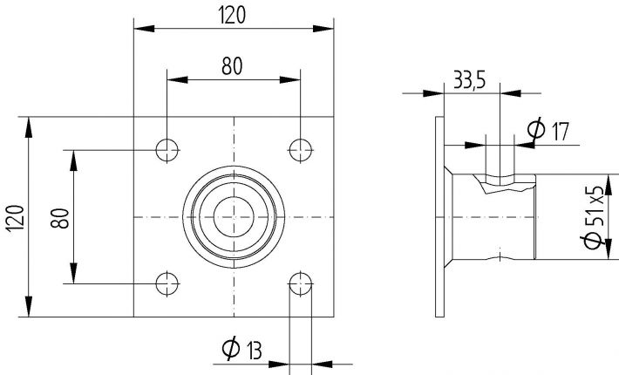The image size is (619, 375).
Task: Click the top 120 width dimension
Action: [233, 14]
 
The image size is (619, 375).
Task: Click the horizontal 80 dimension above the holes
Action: [232, 65]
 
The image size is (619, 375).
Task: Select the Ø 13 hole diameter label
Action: [242, 351]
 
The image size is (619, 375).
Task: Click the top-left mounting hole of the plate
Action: [167, 149]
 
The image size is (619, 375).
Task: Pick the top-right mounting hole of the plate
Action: [301, 149]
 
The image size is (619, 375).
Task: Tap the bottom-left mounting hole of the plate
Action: [167, 282]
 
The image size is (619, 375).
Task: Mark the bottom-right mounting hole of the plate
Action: [301, 282]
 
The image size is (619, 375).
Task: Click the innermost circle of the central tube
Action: [234, 215]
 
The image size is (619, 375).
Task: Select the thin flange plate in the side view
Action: [439, 215]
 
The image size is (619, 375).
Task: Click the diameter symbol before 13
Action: [231, 351]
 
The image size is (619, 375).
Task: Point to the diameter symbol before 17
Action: [537, 132]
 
